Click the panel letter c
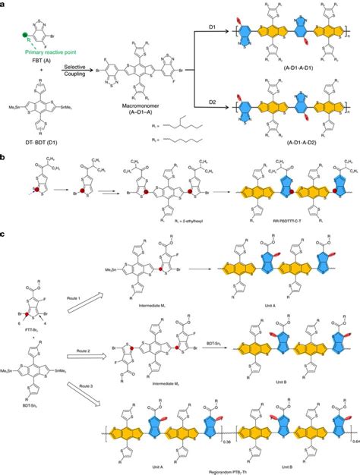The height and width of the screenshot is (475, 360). point(5,232)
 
